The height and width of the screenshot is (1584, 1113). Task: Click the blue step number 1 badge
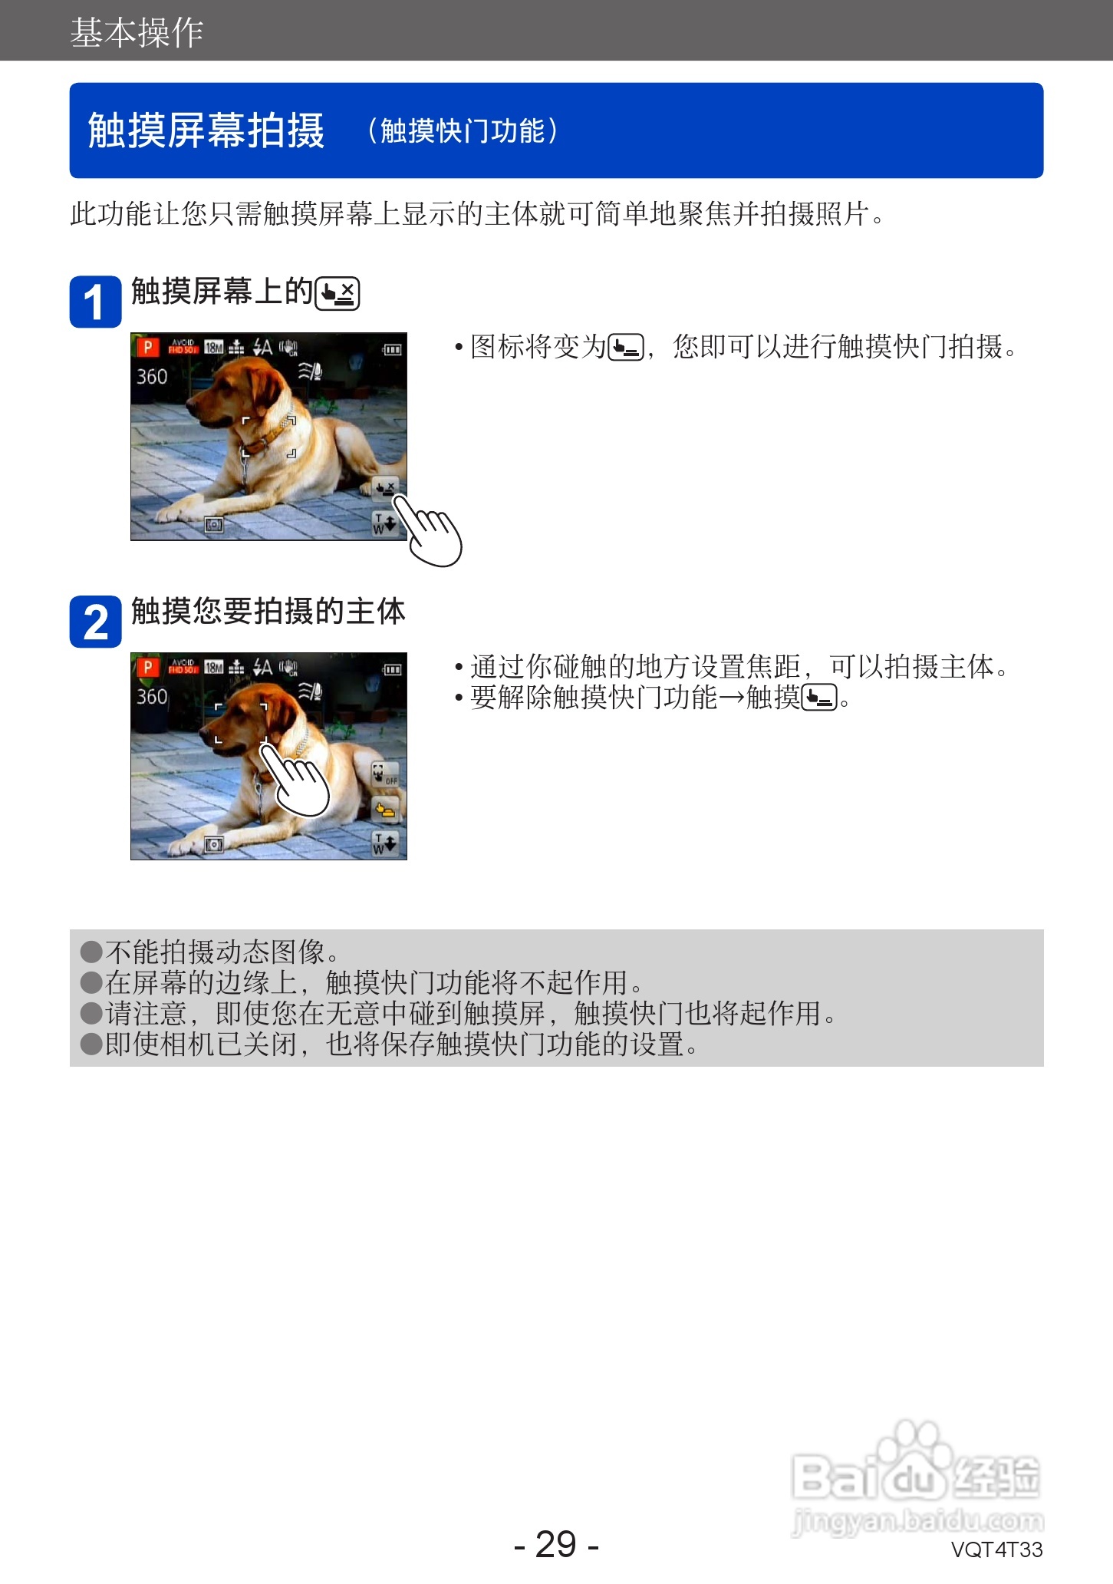click(x=95, y=302)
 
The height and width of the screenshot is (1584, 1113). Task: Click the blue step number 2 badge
click(x=95, y=622)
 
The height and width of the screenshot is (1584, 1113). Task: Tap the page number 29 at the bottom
click(x=556, y=1544)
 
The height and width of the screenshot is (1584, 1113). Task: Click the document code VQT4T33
click(x=996, y=1549)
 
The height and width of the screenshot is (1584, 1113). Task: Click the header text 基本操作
click(x=137, y=32)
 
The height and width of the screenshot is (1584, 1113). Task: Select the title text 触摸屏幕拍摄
click(x=206, y=130)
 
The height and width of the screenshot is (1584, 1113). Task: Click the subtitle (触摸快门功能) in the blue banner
click(x=463, y=130)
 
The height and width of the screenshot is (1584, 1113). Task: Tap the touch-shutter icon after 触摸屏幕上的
click(x=338, y=293)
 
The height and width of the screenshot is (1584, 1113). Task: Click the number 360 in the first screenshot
click(x=152, y=377)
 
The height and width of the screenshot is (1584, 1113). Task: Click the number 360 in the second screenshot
click(x=152, y=697)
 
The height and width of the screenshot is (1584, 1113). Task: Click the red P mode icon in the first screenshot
click(x=147, y=348)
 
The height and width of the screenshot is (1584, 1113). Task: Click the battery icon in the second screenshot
click(x=392, y=669)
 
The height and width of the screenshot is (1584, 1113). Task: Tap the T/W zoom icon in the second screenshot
click(x=384, y=843)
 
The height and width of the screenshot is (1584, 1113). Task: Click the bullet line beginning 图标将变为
click(x=743, y=347)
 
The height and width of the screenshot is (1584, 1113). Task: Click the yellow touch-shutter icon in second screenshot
click(x=385, y=809)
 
